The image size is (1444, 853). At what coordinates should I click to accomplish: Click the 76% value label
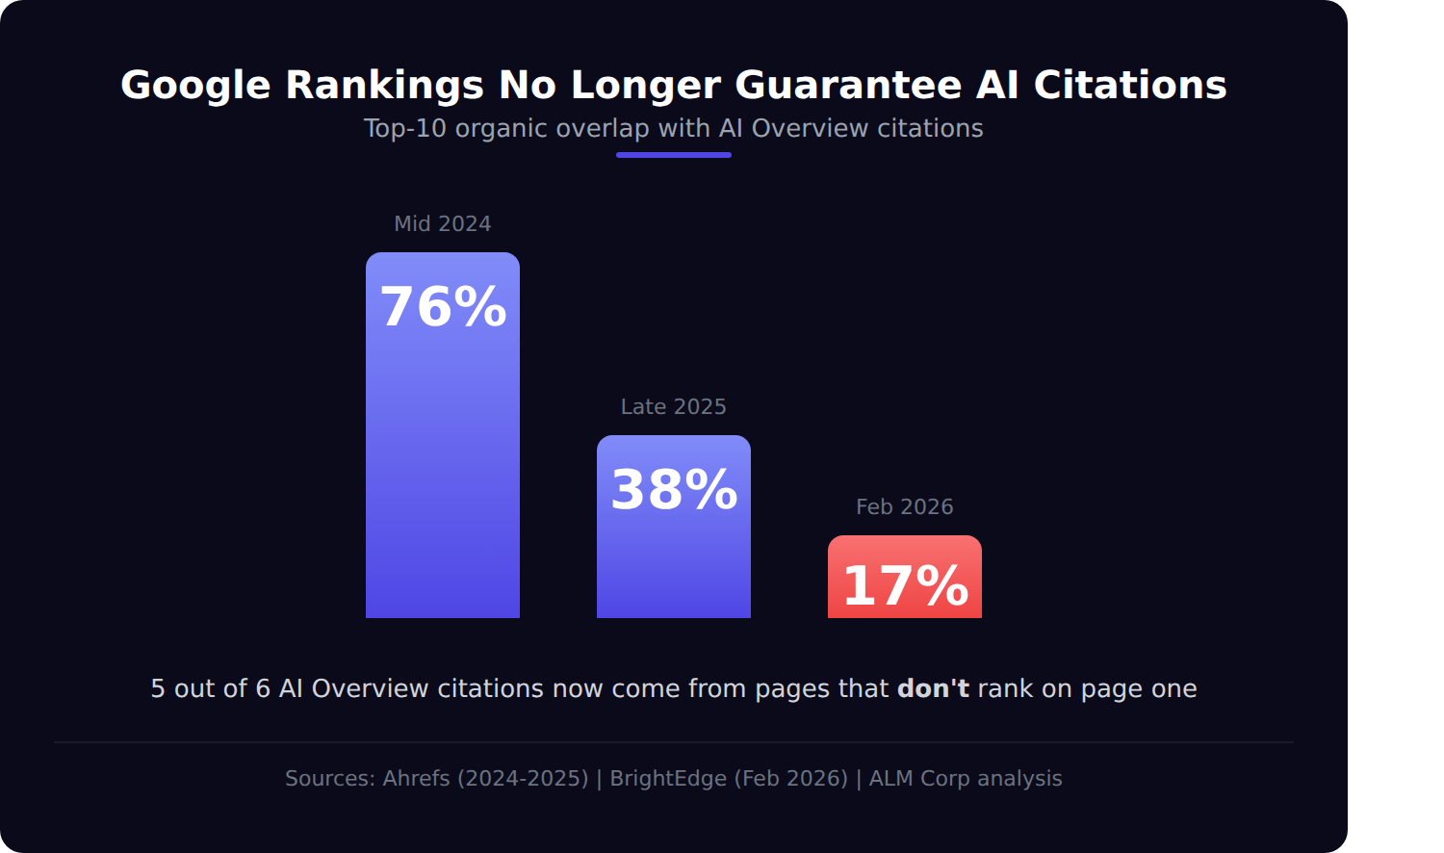(x=443, y=307)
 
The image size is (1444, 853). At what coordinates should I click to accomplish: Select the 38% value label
(x=674, y=490)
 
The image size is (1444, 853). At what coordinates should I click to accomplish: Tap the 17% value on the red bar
(x=905, y=586)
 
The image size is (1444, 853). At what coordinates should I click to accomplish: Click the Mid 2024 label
(x=443, y=223)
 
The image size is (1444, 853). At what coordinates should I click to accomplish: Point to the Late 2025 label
(x=674, y=406)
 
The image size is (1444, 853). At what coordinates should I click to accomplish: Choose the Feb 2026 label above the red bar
(x=905, y=506)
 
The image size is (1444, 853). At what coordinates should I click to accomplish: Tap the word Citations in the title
(x=1130, y=86)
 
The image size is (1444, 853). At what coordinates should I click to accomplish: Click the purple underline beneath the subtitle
(x=674, y=155)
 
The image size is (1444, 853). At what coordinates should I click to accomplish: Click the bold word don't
(x=933, y=688)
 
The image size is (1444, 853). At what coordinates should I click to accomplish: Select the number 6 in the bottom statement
(x=263, y=689)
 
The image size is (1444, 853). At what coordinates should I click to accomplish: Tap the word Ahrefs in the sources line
(x=416, y=778)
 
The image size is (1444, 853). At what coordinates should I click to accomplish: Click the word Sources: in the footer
(x=330, y=778)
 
